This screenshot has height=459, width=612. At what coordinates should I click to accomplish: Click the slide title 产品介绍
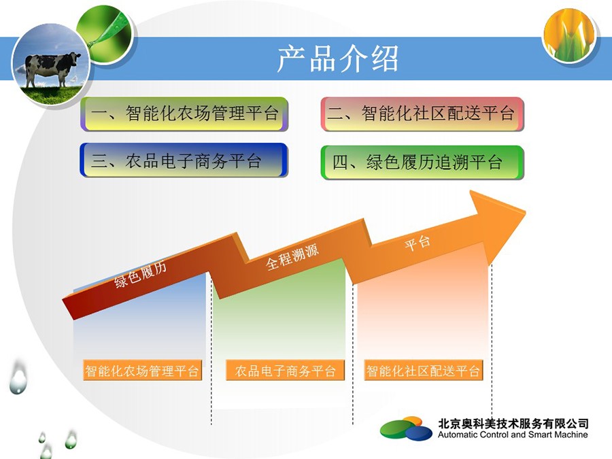[337, 58]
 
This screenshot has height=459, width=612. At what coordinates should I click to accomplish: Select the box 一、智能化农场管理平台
[184, 114]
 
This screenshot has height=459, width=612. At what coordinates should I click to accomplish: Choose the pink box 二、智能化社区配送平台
[422, 114]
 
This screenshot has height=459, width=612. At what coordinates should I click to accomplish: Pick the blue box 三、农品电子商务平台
[184, 160]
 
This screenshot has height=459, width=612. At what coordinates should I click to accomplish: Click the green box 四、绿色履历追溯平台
[422, 163]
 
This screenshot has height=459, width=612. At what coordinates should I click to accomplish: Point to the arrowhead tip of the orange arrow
[526, 212]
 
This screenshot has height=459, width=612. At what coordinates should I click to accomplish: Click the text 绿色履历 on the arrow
[141, 274]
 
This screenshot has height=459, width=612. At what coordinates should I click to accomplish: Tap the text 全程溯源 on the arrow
[292, 257]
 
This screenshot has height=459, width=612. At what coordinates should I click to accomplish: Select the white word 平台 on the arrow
[418, 243]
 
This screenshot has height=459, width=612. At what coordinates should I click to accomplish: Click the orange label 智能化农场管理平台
[142, 370]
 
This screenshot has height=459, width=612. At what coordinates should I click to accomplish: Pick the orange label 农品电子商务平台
[286, 370]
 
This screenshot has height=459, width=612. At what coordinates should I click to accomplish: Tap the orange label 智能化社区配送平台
[423, 370]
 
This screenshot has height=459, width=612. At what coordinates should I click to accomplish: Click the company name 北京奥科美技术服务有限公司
[513, 424]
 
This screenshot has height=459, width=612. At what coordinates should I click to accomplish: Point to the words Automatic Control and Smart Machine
[513, 435]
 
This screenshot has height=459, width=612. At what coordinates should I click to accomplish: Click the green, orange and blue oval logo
[407, 428]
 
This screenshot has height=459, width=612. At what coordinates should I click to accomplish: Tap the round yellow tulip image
[569, 35]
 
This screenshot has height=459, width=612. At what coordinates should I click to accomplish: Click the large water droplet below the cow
[18, 378]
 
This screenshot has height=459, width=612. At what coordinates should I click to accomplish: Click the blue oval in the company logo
[419, 433]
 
